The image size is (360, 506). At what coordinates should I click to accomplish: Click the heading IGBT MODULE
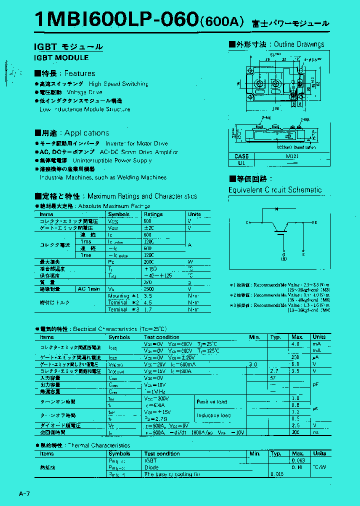[x=61, y=57]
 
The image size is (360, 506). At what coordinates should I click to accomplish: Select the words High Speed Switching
[x=118, y=84]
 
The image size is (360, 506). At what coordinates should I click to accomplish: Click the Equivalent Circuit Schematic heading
[x=275, y=190]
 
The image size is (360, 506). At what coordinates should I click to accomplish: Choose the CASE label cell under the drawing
[x=241, y=156]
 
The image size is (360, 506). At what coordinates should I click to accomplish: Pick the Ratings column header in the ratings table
[x=153, y=214]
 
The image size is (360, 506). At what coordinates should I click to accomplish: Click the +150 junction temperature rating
[x=150, y=268]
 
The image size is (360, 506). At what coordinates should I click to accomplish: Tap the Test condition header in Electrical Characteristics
[x=161, y=337]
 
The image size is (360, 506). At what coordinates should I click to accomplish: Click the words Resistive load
[x=212, y=401]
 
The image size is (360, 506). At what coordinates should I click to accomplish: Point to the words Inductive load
[x=213, y=415]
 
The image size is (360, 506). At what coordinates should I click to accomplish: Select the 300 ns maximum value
[x=296, y=432]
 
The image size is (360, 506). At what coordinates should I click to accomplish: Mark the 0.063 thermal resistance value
[x=297, y=460]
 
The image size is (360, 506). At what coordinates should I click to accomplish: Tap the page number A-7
[x=25, y=494]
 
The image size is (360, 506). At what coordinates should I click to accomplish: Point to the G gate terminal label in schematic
[x=283, y=254]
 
